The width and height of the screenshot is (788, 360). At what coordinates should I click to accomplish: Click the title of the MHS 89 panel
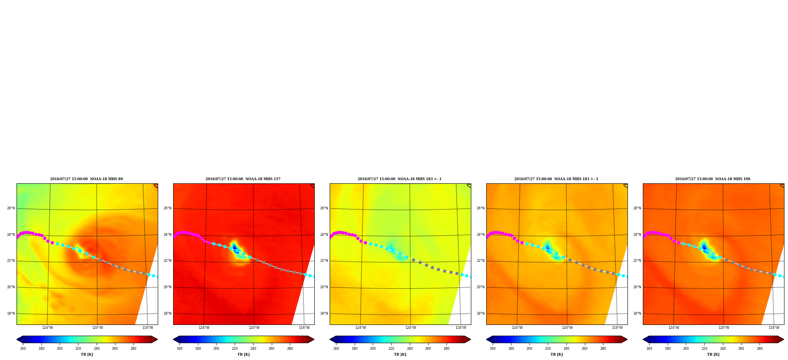86,179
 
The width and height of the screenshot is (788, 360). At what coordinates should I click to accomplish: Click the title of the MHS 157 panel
243,179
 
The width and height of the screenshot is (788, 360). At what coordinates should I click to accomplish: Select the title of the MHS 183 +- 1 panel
400,179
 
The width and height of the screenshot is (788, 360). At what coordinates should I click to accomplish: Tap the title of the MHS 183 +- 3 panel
556,179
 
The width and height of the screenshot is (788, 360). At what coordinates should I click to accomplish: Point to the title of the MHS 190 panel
713,179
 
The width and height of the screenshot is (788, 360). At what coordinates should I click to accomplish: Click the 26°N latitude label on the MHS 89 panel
11,208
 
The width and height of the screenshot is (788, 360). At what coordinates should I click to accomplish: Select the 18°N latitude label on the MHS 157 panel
168,313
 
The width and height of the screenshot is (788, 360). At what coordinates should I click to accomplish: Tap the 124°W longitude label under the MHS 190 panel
674,328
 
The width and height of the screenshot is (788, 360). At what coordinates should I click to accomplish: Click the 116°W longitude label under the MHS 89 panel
148,328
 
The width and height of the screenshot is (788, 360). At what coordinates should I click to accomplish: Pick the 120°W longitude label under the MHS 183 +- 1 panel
411,328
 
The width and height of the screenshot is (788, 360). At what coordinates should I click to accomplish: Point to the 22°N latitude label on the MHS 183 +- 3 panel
481,261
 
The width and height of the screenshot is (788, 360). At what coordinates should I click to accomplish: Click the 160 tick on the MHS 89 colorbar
23,349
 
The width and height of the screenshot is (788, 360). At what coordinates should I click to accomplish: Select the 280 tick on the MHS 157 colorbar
290,349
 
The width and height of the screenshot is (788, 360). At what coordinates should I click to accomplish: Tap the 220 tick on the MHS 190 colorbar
704,349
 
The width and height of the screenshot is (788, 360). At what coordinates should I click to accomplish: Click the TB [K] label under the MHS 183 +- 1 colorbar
400,354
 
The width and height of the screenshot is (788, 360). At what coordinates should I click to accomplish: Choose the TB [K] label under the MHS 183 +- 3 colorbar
556,354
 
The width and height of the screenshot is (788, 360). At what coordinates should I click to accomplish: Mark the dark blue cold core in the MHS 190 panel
704,247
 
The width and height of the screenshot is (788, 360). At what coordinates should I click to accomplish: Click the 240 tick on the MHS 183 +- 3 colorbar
566,349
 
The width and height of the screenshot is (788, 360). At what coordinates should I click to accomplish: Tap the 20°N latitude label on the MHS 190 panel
637,287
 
